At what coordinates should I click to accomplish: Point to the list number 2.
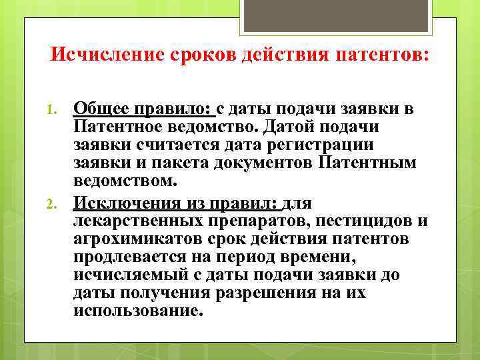pyautogui.click(x=58, y=203)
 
